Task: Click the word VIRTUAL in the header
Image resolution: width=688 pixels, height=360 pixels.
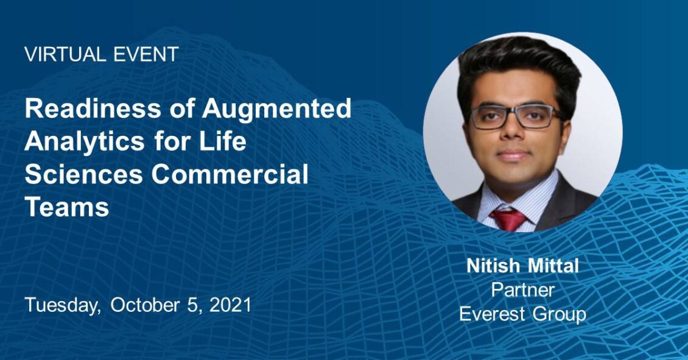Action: click(65, 54)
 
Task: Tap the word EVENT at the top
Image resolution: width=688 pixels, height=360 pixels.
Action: click(146, 54)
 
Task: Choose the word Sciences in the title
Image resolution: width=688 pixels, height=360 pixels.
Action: click(84, 174)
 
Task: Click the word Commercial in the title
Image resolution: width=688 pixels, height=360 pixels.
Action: click(230, 174)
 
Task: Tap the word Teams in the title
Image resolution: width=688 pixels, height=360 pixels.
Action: click(67, 206)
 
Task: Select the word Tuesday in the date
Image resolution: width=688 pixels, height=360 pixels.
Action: click(62, 306)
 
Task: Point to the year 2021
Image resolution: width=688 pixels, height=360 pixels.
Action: click(230, 305)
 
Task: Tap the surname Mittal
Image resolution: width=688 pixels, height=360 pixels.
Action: click(553, 266)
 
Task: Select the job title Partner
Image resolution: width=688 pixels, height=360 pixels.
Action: click(522, 290)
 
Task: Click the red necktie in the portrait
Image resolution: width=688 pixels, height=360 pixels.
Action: click(508, 219)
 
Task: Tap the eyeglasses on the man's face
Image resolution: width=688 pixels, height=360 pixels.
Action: click(514, 116)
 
